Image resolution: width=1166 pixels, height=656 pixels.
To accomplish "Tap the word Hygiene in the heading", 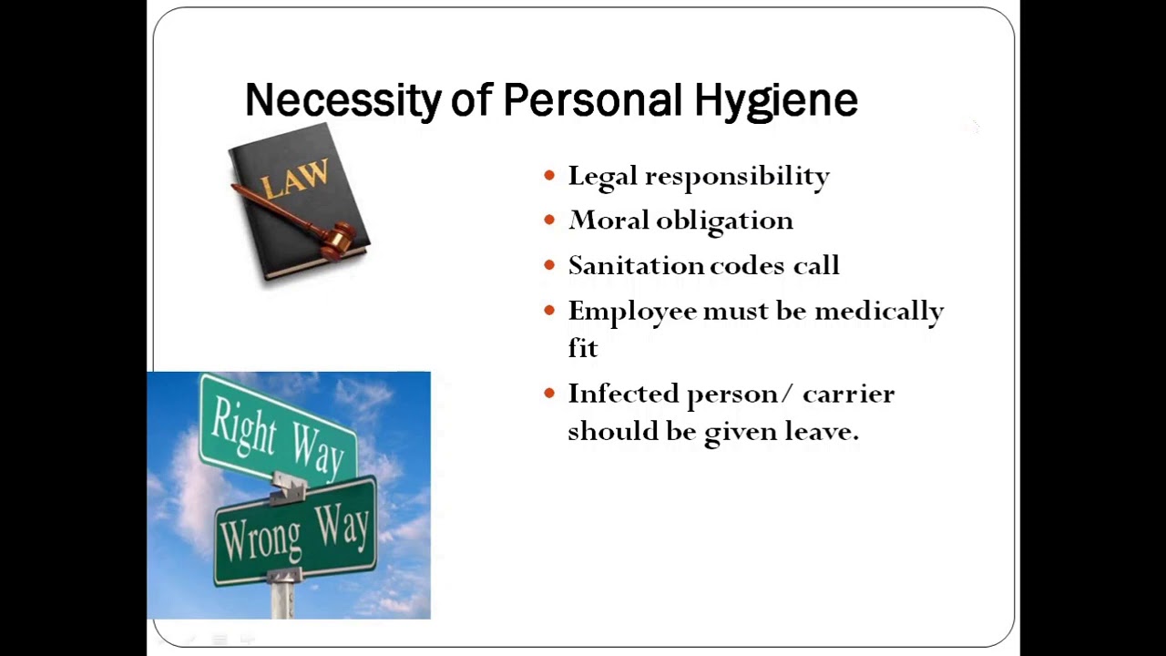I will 775,100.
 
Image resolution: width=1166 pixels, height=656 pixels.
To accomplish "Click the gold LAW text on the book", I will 293,179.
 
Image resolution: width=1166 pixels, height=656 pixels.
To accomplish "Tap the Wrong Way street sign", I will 295,531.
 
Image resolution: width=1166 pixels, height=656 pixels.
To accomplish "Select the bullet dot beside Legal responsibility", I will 548,175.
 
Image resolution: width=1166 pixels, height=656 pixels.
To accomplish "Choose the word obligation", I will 724,221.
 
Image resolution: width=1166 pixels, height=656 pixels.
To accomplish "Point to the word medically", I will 879,312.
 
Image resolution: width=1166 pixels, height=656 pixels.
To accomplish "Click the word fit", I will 582,347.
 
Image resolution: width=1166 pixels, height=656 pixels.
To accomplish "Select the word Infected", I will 623,394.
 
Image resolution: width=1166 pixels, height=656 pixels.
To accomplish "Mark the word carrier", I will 848,395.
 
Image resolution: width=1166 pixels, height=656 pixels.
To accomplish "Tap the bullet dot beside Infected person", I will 548,394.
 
